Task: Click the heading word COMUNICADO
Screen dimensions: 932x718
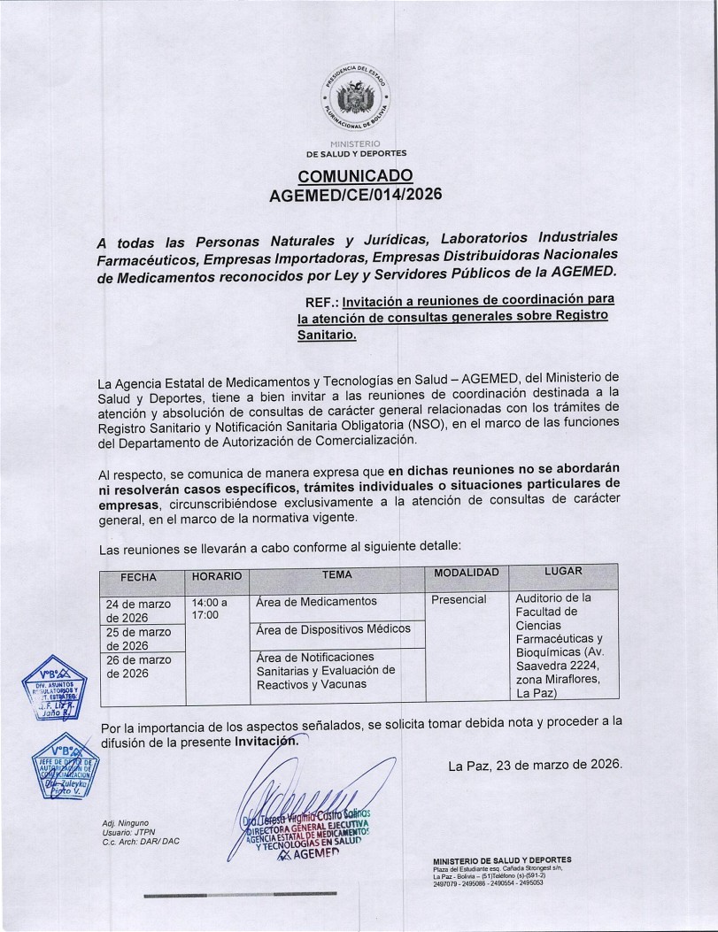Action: (x=355, y=175)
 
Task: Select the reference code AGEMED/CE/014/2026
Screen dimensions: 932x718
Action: (x=355, y=195)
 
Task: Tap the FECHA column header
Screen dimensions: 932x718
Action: (x=138, y=577)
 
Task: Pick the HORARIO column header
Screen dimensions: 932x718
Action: (x=216, y=576)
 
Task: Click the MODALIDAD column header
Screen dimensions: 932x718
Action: (x=467, y=574)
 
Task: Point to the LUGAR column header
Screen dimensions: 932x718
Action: (x=563, y=572)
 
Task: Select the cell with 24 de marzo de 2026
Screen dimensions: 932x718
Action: (x=139, y=610)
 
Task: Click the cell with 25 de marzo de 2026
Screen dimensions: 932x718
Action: (x=139, y=638)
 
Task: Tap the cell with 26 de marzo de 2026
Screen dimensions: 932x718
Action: (x=139, y=666)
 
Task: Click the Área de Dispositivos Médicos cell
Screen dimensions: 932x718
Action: (x=332, y=629)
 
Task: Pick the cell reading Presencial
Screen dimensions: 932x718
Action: (x=459, y=600)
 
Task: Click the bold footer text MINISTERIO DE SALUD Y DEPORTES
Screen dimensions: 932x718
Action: (x=502, y=859)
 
